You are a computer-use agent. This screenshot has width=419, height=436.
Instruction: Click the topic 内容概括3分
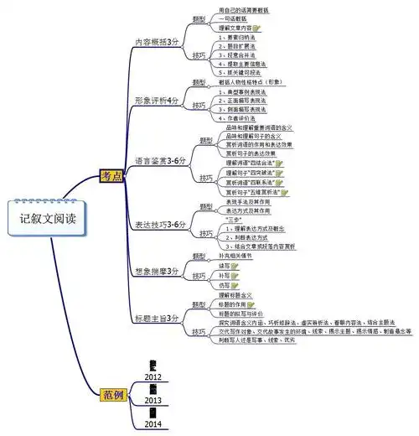tap(158, 41)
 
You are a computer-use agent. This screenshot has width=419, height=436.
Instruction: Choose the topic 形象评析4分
tap(158, 100)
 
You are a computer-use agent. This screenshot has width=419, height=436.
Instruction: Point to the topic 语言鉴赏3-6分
tap(161, 158)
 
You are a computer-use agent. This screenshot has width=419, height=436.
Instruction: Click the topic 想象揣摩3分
tap(158, 272)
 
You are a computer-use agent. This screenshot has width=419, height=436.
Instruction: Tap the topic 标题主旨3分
tap(158, 319)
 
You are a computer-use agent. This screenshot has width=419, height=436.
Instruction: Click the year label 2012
tap(153, 377)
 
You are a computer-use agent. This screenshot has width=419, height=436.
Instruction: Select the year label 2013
tap(153, 401)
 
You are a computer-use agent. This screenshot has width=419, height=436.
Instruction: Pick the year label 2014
tap(153, 425)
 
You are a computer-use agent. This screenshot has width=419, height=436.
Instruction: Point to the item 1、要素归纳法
tap(237, 38)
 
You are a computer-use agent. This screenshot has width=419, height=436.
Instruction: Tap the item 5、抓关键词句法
tap(241, 73)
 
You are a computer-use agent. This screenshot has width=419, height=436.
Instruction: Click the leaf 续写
tap(224, 265)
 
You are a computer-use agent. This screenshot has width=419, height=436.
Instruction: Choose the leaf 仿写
tap(224, 285)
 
